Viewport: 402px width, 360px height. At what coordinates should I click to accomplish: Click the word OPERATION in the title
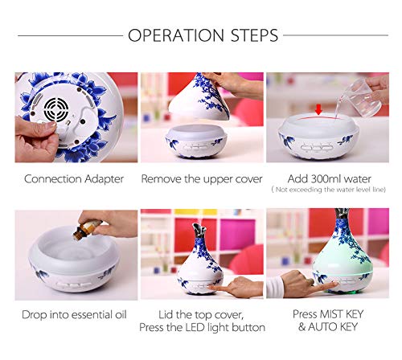tap(176, 35)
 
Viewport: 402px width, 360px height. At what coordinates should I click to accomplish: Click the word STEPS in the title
tap(255, 35)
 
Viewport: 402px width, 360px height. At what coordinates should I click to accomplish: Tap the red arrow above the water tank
tap(318, 109)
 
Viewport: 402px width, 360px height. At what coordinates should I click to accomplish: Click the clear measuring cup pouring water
tap(360, 98)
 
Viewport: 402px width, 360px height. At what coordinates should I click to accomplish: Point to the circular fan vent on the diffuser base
tap(56, 109)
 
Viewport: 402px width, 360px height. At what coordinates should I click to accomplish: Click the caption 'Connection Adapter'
tap(74, 179)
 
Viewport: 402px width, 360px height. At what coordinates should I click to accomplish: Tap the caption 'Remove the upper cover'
tap(202, 179)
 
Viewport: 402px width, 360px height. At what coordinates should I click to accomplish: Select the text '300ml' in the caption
tap(326, 178)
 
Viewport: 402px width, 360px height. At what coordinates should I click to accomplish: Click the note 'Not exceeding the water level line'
tap(329, 190)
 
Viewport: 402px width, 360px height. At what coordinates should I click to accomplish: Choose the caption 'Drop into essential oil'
tap(74, 315)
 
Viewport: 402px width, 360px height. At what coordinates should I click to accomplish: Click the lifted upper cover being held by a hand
tap(199, 96)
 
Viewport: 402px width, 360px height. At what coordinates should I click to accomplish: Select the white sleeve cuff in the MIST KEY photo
tap(274, 287)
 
